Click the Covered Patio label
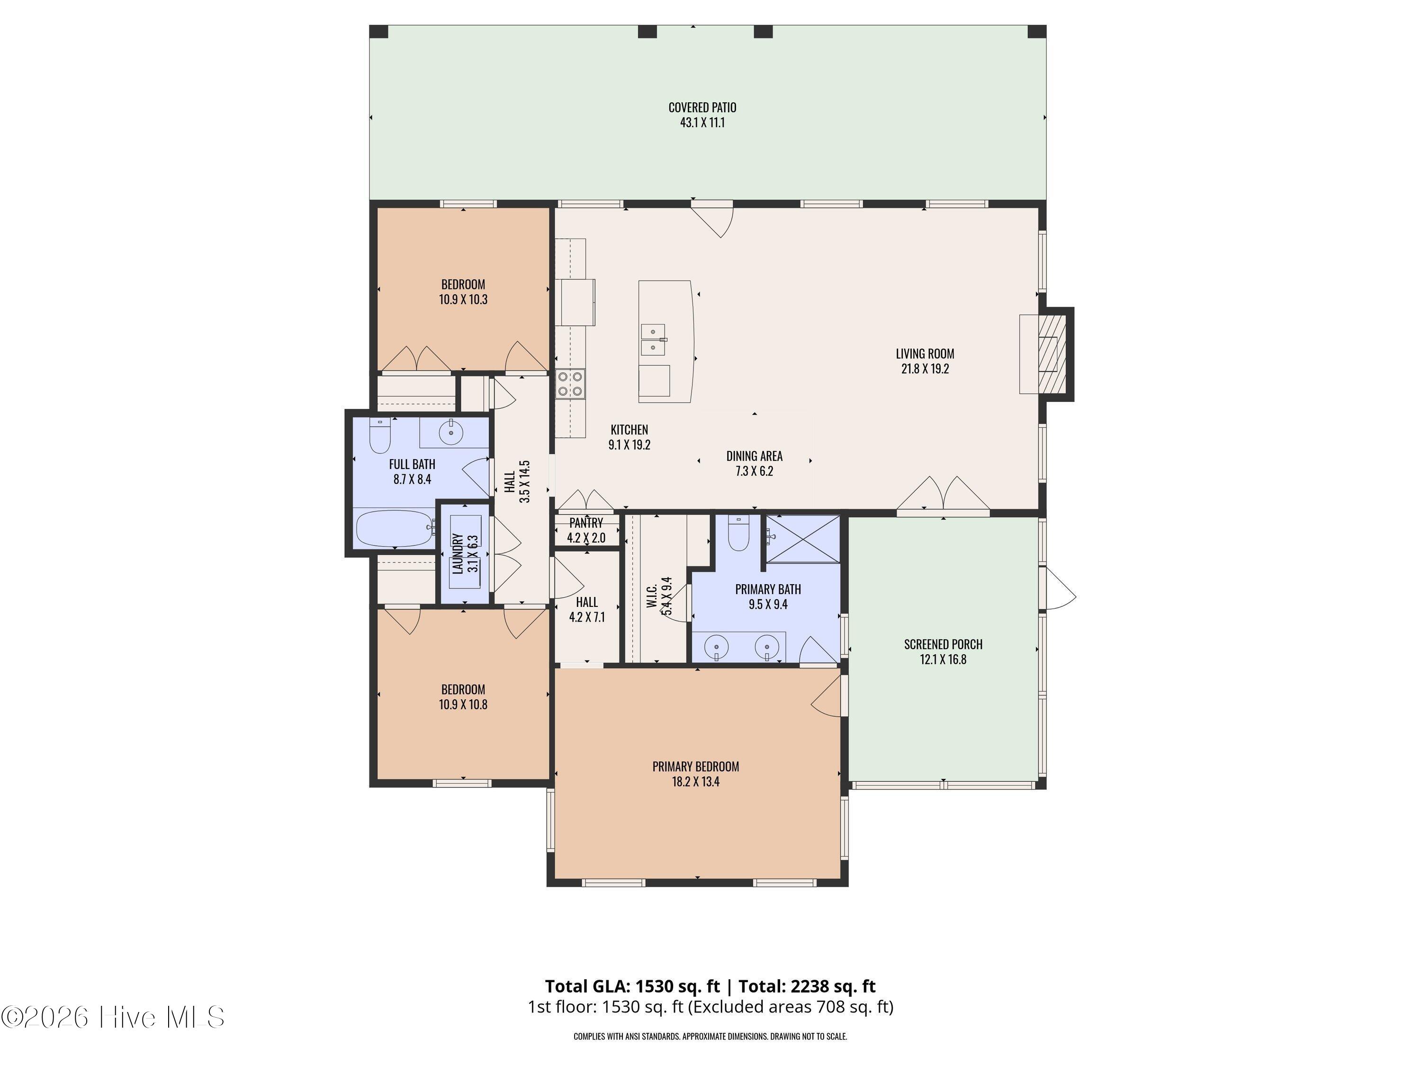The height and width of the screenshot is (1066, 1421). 702,107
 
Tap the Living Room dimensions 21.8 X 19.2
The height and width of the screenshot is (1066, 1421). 925,369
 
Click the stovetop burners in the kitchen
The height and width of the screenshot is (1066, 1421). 570,384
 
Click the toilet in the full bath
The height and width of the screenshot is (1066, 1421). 380,436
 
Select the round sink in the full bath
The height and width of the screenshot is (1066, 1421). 451,433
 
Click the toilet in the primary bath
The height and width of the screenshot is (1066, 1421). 739,534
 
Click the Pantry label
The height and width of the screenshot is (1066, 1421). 586,523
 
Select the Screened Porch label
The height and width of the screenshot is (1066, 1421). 943,644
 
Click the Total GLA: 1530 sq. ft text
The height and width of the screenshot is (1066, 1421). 633,985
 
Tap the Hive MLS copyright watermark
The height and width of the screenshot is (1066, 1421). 113,1017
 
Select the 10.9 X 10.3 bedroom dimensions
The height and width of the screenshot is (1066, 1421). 463,299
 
